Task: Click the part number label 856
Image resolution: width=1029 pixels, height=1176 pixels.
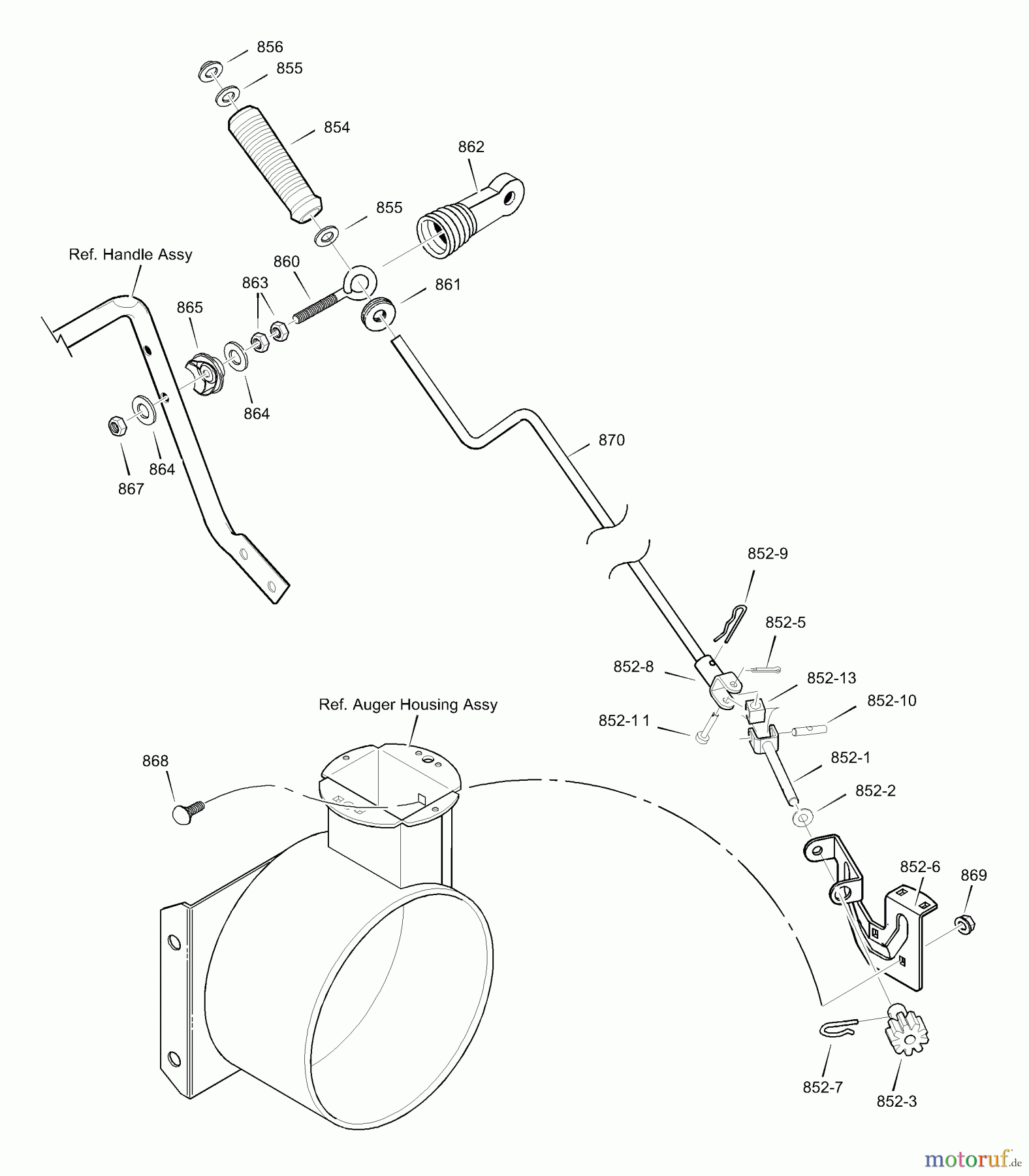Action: click(270, 47)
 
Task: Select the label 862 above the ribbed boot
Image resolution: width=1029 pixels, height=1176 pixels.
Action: click(471, 147)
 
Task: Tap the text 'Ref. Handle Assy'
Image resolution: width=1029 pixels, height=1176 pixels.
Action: click(131, 254)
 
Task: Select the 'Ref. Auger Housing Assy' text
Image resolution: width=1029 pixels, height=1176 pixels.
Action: click(408, 704)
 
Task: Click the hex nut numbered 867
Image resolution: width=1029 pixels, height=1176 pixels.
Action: click(116, 427)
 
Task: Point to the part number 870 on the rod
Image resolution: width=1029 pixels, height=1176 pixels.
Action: click(611, 440)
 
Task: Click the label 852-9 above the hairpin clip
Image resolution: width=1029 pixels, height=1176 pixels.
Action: click(767, 553)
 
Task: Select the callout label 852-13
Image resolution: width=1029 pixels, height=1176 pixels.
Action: click(831, 678)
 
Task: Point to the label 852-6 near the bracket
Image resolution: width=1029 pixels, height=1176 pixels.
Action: click(919, 866)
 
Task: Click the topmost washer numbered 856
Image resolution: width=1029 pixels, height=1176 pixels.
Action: click(210, 71)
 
